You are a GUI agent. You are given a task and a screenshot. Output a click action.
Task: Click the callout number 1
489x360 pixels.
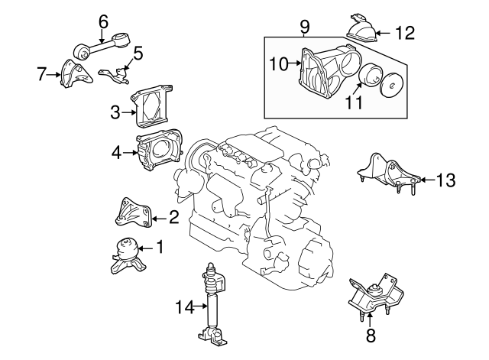(160, 246)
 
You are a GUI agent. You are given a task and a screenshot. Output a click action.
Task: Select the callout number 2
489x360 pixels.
(173, 218)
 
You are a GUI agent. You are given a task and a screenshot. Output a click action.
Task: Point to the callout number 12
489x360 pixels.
(405, 32)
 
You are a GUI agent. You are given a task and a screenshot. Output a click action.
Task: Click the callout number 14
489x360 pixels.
(180, 307)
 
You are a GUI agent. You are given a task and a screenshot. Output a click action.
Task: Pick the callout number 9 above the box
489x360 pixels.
(305, 27)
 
